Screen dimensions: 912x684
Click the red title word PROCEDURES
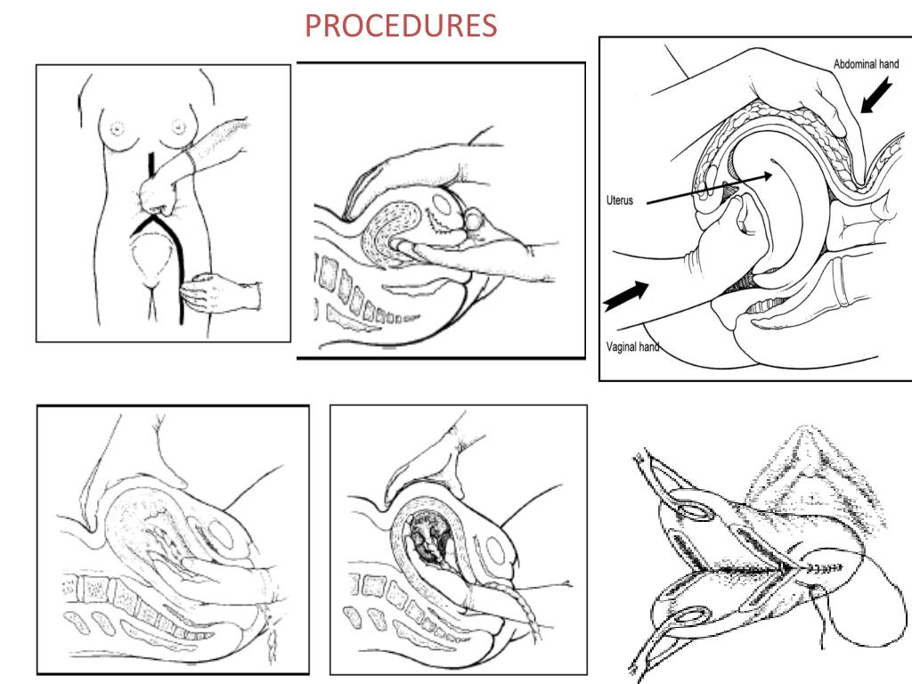pyautogui.click(x=401, y=26)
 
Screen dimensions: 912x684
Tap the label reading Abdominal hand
pyautogui.click(x=866, y=64)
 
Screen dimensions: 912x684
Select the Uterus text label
pyautogui.click(x=620, y=200)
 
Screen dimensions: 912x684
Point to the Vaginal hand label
pyautogui.click(x=632, y=347)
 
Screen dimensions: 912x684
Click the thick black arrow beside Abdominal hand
pyautogui.click(x=876, y=96)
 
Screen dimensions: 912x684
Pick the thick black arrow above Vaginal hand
pyautogui.click(x=626, y=296)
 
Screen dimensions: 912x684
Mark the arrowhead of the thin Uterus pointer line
pyautogui.click(x=768, y=176)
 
